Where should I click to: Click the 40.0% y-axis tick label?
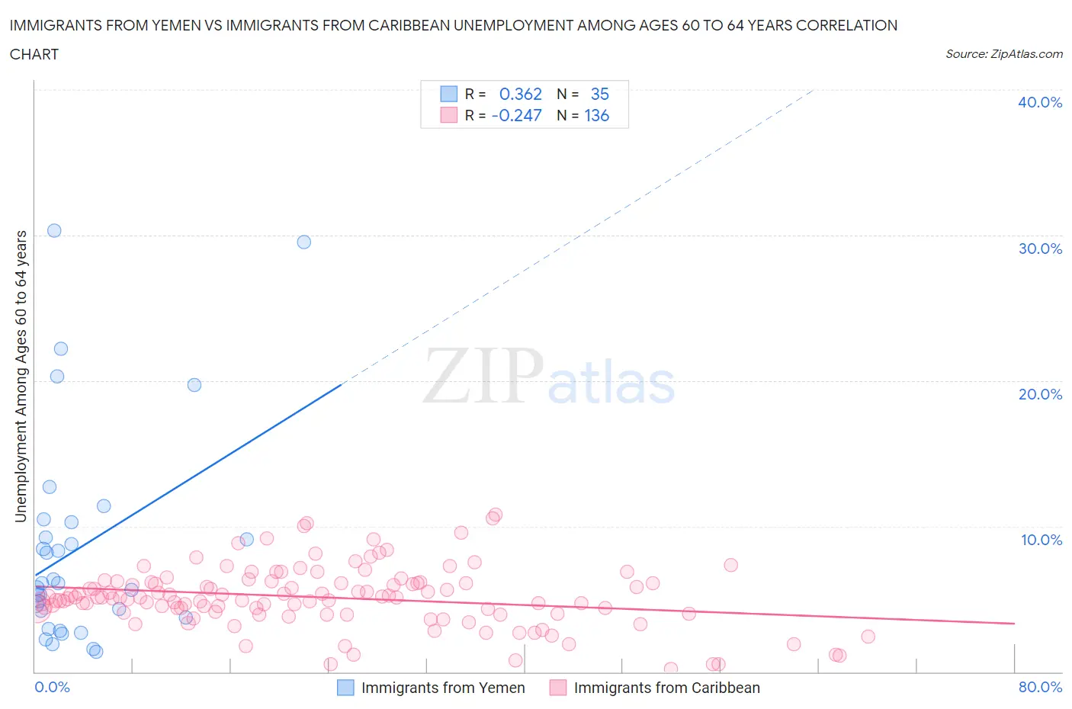tap(1040, 102)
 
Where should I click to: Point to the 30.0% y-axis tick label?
tap(1040, 249)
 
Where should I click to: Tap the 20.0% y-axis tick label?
tap(1040, 394)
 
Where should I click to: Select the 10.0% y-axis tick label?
tap(1041, 540)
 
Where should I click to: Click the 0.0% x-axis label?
tap(52, 687)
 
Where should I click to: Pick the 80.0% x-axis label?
tap(1040, 687)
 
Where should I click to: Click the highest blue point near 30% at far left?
tap(54, 230)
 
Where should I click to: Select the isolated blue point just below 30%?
tap(303, 242)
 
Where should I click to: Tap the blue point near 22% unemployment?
tap(61, 348)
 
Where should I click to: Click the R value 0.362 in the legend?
tap(520, 94)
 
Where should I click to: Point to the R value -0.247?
tap(516, 115)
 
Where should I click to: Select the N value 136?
tap(596, 115)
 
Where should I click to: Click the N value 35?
tap(599, 94)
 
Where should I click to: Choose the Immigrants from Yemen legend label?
tap(443, 688)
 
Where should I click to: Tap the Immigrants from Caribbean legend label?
tap(666, 688)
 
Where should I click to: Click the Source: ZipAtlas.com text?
tap(1003, 53)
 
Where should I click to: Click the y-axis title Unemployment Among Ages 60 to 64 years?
tap(21, 376)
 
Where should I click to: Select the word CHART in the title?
tap(34, 54)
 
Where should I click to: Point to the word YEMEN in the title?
tap(169, 25)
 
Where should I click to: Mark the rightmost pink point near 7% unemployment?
tap(730, 565)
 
